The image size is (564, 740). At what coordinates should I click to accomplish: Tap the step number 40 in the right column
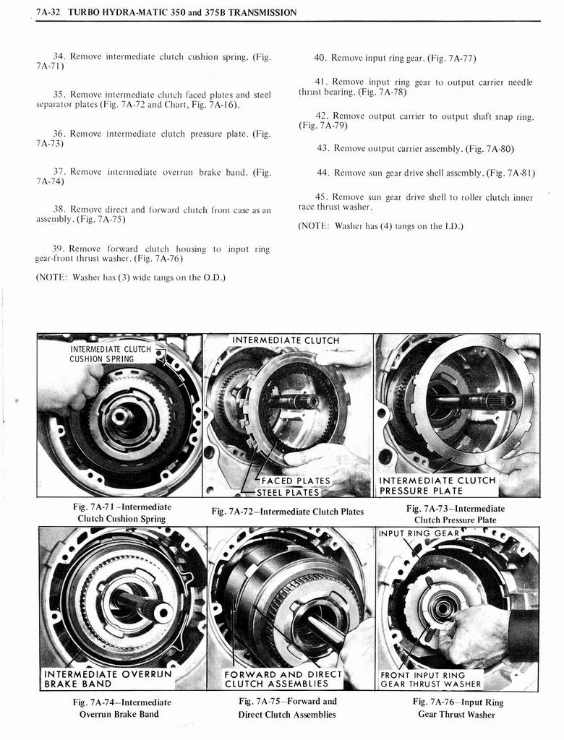(322, 58)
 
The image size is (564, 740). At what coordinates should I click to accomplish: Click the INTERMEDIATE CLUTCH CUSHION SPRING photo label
(111, 354)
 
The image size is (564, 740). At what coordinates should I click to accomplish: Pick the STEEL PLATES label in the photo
(290, 493)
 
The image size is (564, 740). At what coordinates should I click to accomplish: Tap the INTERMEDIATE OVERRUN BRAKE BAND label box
(108, 679)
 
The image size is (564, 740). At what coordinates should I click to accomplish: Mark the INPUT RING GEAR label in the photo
(419, 535)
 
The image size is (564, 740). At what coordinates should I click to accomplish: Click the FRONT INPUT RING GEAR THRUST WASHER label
(430, 680)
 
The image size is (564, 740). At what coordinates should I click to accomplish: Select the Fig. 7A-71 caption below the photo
(121, 513)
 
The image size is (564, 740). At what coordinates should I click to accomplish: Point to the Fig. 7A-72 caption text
(287, 512)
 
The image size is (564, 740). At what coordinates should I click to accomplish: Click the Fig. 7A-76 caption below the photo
(458, 708)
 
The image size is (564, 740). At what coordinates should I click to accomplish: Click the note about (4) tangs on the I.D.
(380, 225)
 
